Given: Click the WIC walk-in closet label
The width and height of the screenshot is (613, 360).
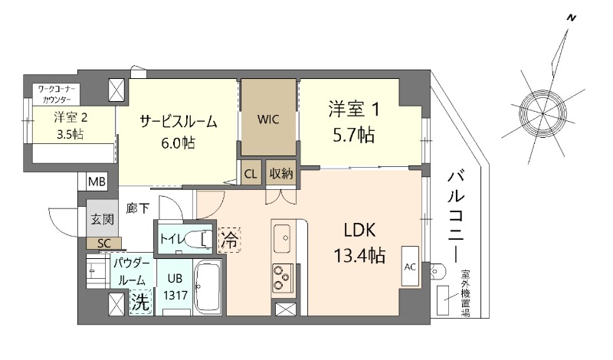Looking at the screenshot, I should point(267,119).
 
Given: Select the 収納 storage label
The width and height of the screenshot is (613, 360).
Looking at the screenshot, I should point(281,173).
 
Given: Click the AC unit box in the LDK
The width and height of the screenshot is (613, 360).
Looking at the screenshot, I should point(410,267).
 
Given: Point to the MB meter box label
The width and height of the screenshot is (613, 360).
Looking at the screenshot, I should point(97,182).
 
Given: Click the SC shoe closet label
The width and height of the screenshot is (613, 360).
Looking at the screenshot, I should point(103,243).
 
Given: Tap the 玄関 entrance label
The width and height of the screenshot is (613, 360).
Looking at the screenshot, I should point(102,219).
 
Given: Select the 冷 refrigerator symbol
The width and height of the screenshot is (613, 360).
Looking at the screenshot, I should point(228,240).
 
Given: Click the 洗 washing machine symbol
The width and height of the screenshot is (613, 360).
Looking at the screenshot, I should point(140,302).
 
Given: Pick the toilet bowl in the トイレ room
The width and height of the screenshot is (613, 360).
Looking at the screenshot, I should point(199,238).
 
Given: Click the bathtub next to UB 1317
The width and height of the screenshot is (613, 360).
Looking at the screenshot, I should point(208,287).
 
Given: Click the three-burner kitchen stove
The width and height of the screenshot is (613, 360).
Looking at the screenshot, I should point(282,277).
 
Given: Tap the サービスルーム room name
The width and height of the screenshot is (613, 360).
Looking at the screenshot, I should point(178,121).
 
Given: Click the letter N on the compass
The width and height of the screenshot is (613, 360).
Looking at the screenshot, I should point(570,17).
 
